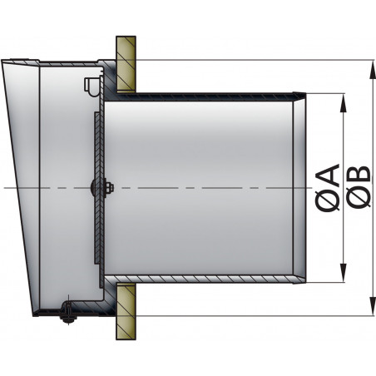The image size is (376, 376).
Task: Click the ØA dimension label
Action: coord(328,188)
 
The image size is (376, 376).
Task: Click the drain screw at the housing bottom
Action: coord(67,314)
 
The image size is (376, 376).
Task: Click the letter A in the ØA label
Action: coord(328,176)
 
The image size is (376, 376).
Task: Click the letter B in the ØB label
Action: coord(359,176)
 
